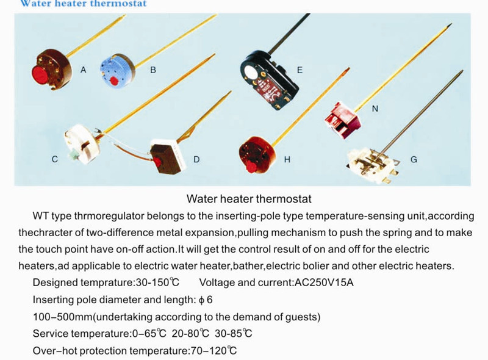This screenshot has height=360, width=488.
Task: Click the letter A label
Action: tap(83, 70)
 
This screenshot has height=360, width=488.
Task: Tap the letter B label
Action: tap(153, 70)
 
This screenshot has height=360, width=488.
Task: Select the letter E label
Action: tap(300, 70)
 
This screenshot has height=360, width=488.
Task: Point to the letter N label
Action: tap(375, 109)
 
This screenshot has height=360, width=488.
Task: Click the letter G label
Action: tap(414, 159)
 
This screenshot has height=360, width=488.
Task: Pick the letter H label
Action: tap(287, 159)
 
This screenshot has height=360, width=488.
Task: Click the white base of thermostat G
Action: tap(373, 166)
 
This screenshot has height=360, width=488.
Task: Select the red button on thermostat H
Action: tap(251, 167)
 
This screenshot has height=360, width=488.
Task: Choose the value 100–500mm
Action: tap(63, 317)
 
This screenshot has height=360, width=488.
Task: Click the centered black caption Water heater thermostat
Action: tap(249, 199)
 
